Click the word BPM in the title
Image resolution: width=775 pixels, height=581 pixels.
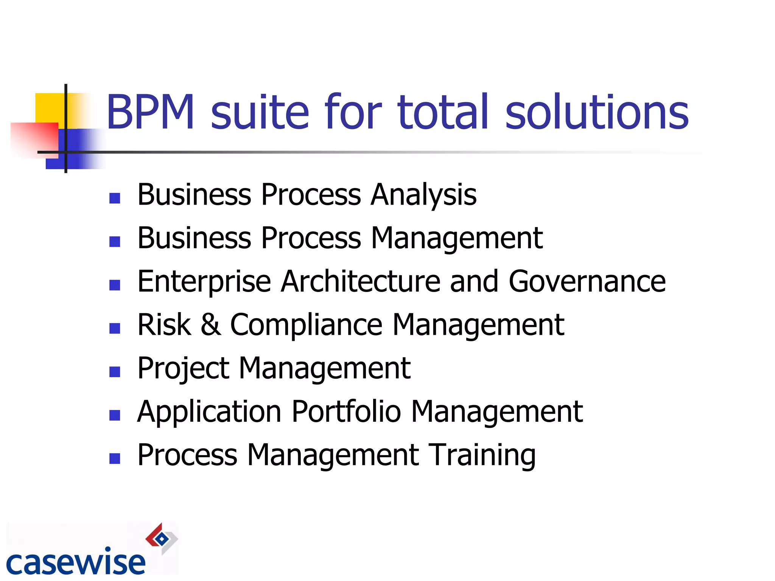click(151, 112)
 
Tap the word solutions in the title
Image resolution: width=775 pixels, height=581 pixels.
click(597, 112)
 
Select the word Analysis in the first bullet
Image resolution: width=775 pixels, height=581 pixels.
click(423, 195)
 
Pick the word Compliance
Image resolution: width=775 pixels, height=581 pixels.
click(306, 325)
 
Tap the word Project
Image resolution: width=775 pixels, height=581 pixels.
click(183, 369)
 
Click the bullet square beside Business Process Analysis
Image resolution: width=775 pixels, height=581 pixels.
click(115, 198)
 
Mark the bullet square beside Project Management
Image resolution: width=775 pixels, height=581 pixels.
click(115, 372)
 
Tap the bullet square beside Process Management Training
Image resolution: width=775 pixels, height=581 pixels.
click(115, 458)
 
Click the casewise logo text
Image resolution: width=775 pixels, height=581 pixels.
click(76, 562)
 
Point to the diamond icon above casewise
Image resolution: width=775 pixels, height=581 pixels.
click(162, 539)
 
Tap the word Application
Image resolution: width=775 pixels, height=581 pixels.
click(209, 412)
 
